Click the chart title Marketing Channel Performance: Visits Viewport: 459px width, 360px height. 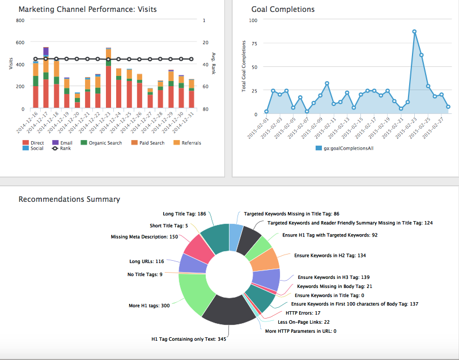pyautogui.click(x=88, y=9)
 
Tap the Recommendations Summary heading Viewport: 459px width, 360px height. pyautogui.click(x=69, y=199)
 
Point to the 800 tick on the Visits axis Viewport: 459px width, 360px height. pyautogui.click(x=20, y=20)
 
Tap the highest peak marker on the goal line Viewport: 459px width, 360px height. pyautogui.click(x=414, y=32)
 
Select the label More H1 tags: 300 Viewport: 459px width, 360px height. pyautogui.click(x=149, y=306)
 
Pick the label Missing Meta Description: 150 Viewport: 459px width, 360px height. pyautogui.click(x=144, y=237)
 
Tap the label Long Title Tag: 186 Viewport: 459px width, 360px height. pyautogui.click(x=184, y=214)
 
